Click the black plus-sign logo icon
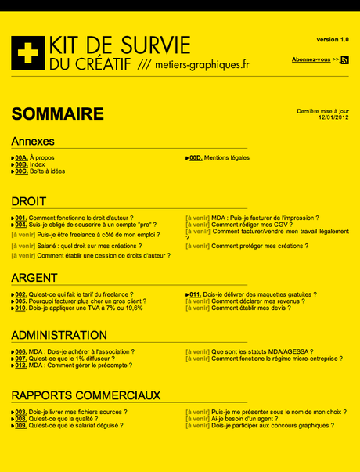(x=27, y=52)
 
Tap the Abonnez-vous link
(x=311, y=59)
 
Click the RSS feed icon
(x=344, y=59)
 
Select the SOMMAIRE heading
(x=57, y=114)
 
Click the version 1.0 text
(x=333, y=39)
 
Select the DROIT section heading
(x=29, y=201)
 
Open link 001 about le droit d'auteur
(x=74, y=218)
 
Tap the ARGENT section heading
(x=34, y=278)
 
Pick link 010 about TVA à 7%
(x=78, y=308)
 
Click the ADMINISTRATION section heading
(x=59, y=335)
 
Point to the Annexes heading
(x=33, y=142)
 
